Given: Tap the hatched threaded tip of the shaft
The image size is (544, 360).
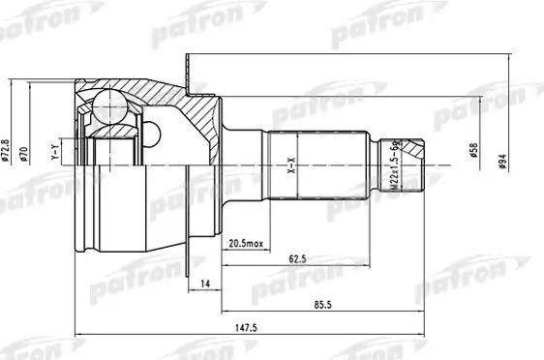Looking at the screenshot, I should coord(415,150).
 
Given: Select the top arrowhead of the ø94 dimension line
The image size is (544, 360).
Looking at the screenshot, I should coord(507,59).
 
